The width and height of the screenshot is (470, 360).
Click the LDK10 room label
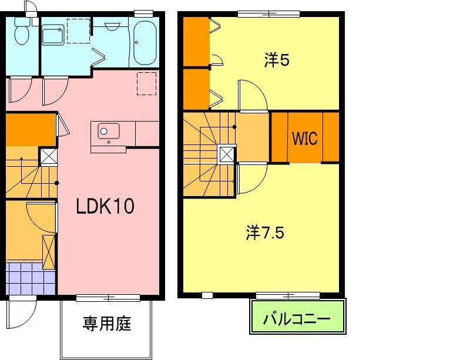(x=106, y=206)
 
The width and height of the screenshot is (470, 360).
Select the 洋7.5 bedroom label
(x=265, y=233)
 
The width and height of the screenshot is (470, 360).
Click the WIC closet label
(x=304, y=139)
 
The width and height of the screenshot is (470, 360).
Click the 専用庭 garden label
(x=106, y=324)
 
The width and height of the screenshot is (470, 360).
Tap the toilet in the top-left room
(x=22, y=32)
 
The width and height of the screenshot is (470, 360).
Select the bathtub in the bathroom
(x=144, y=43)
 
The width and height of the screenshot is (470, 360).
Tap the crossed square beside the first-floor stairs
(x=48, y=157)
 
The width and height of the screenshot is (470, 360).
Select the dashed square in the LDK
(x=146, y=83)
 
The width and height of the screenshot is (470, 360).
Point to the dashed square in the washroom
(x=79, y=31)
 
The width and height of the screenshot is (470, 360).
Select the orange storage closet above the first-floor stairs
(x=31, y=129)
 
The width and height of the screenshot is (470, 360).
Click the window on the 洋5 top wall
(x=268, y=14)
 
